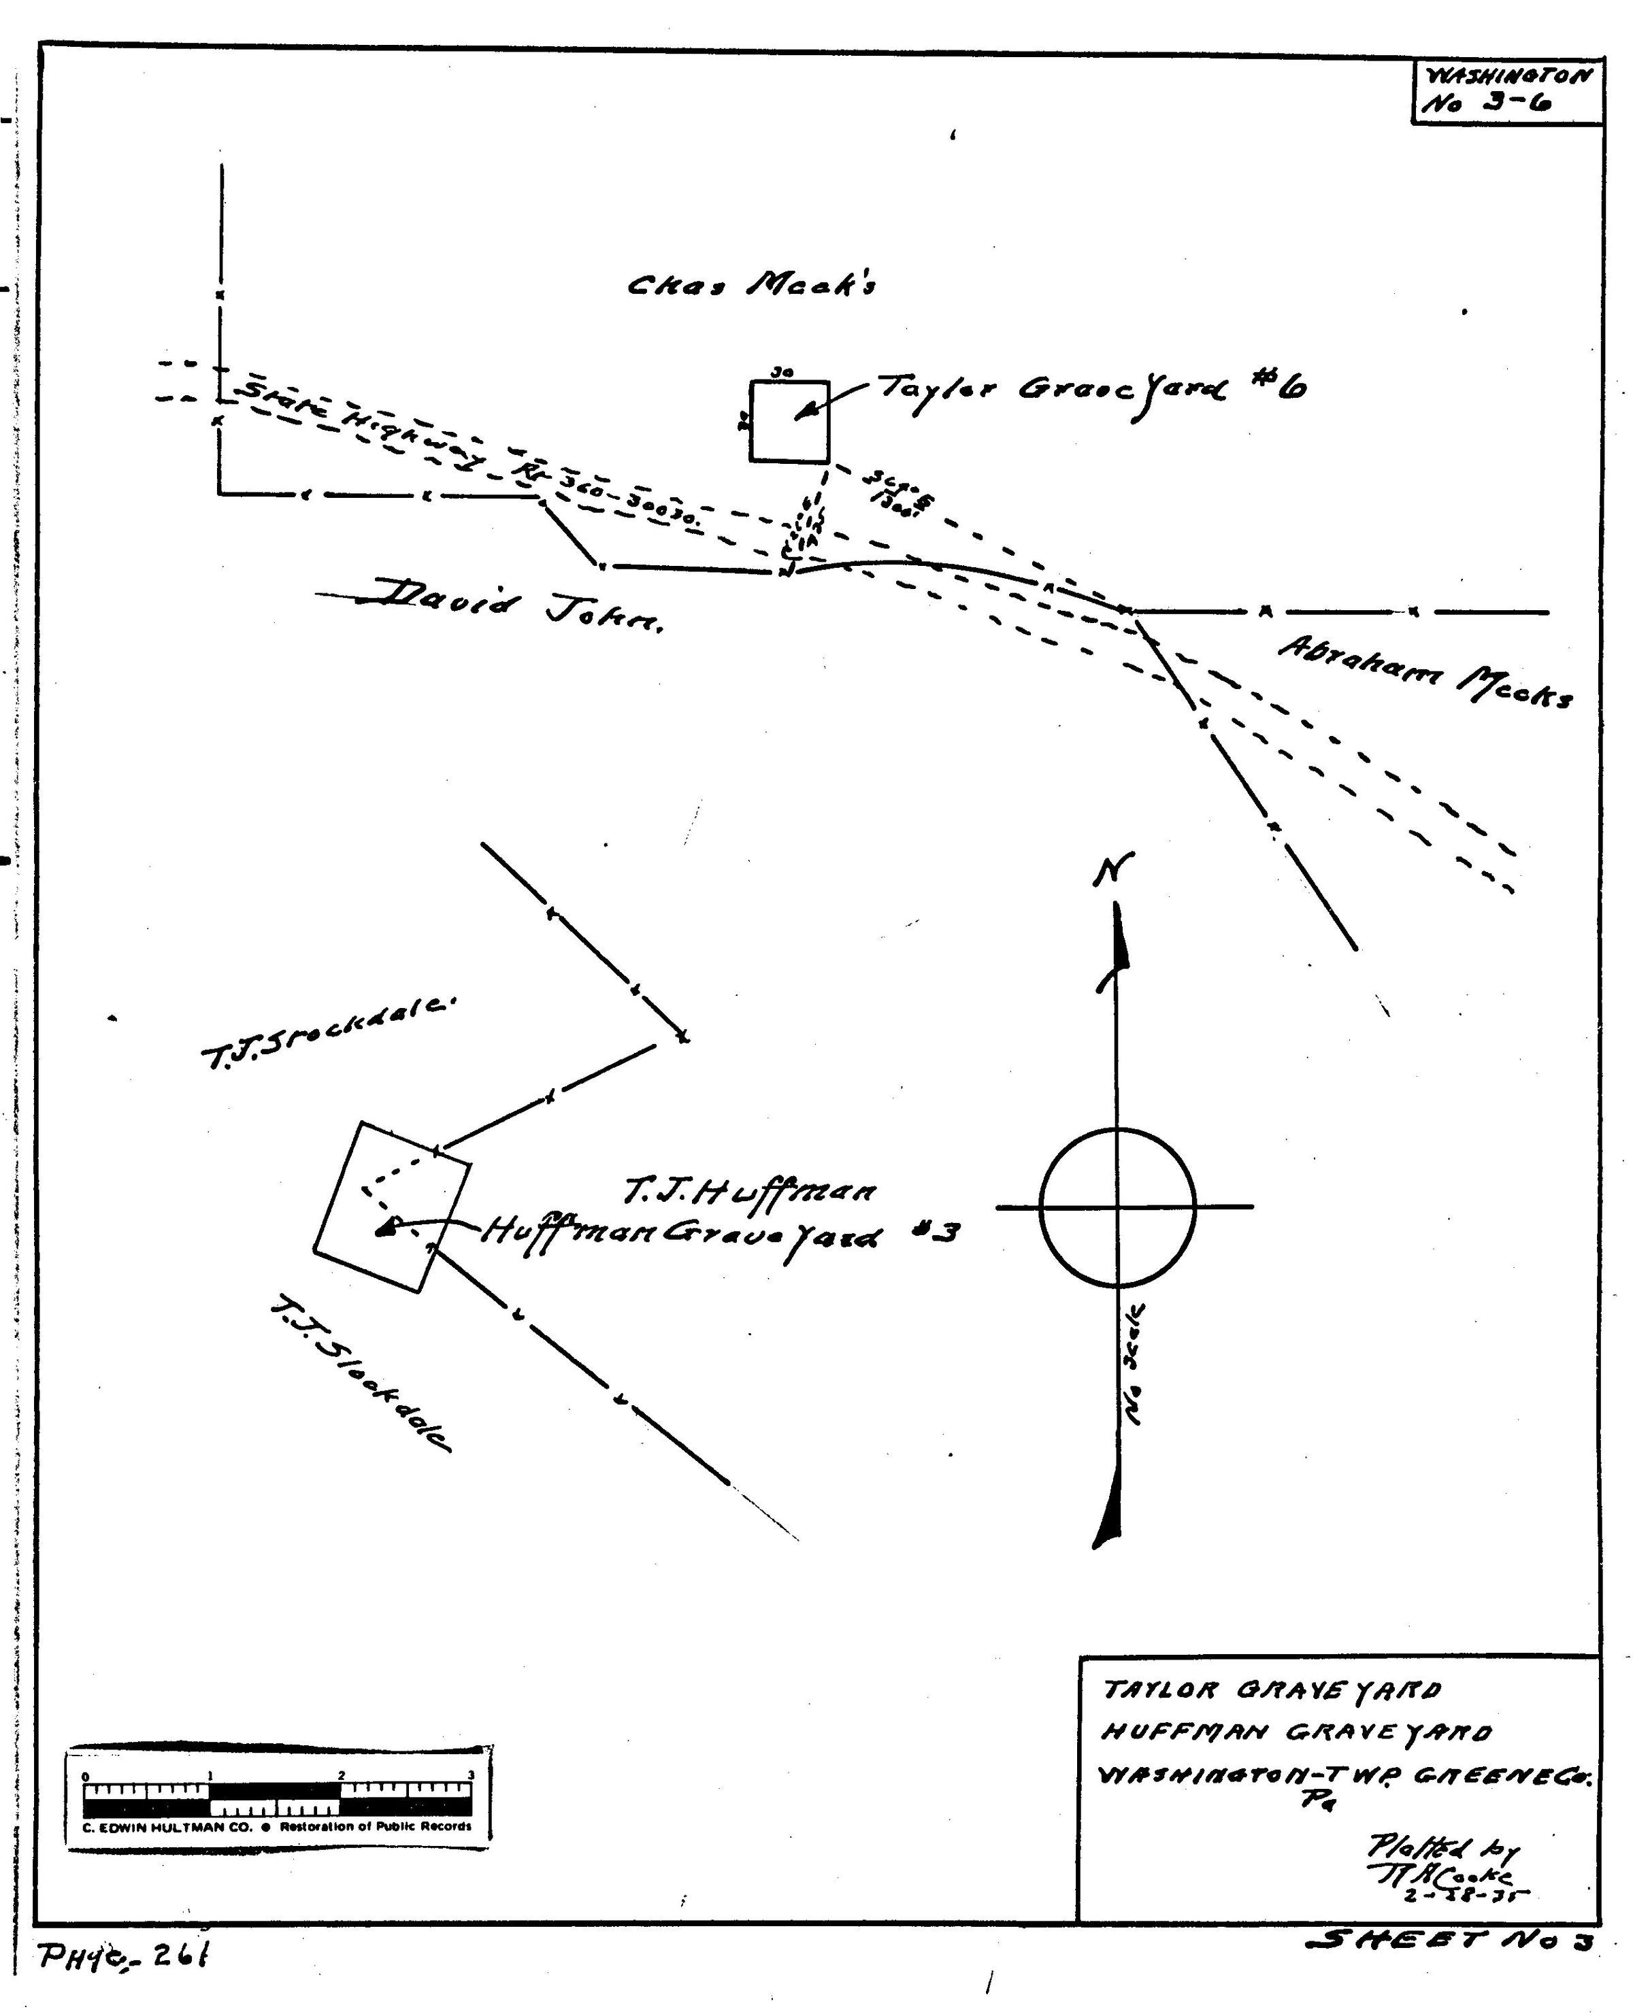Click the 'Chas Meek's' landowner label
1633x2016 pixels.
click(x=752, y=284)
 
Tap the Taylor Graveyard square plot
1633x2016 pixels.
click(x=789, y=421)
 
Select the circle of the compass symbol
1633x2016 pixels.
click(x=1117, y=1207)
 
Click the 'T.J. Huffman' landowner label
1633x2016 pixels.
click(x=750, y=1192)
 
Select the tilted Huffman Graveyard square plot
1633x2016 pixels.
click(x=392, y=1207)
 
